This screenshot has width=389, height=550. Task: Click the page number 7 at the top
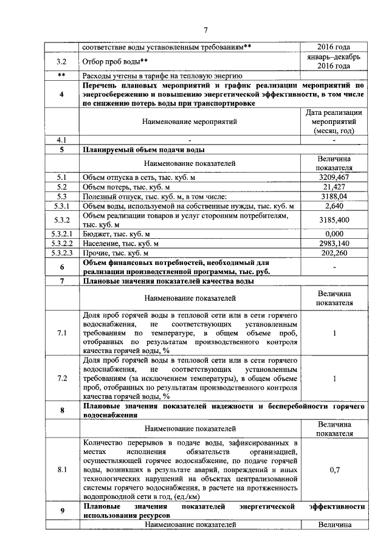tap(205, 30)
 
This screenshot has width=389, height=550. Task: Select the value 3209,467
tap(334, 177)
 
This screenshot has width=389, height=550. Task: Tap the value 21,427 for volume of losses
tap(334, 187)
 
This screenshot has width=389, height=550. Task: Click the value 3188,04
tap(334, 196)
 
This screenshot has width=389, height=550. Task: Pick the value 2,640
tap(334, 206)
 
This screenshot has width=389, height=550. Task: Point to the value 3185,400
tap(334, 220)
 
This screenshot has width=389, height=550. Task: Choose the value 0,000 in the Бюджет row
tap(334, 233)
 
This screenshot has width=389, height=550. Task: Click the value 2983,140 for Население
tap(334, 243)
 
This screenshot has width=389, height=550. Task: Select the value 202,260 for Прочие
tap(334, 253)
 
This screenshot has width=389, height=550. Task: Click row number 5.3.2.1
tap(62, 233)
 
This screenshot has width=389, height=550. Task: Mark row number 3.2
tap(62, 61)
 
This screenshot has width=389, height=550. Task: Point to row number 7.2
tap(62, 378)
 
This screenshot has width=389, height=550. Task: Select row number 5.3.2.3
tap(62, 253)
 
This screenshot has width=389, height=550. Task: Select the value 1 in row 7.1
tap(334, 333)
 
